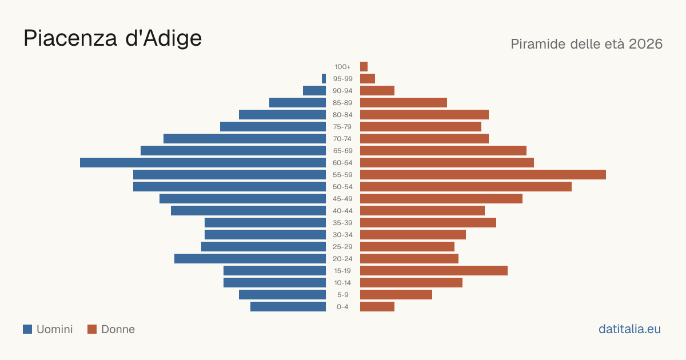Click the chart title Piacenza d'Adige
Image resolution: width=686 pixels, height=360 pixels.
click(113, 38)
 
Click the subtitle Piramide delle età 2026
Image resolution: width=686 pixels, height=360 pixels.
click(587, 44)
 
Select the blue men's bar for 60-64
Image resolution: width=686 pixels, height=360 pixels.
click(203, 162)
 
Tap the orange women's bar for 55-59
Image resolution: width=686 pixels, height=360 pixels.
click(483, 174)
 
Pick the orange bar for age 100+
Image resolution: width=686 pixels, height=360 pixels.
click(364, 66)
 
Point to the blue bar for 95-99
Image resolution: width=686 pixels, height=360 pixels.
click(324, 78)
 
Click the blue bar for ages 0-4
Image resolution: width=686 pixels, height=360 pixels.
click(288, 306)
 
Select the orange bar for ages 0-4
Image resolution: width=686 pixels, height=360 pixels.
click(377, 306)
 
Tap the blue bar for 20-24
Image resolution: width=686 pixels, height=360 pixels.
click(250, 259)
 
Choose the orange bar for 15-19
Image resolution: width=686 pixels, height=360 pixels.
click(434, 271)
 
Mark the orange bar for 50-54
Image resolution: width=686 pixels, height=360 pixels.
click(466, 186)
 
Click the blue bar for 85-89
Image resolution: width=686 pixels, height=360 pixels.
click(297, 102)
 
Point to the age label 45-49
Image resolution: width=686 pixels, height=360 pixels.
click(342, 199)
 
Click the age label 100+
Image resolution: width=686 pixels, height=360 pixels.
click(342, 67)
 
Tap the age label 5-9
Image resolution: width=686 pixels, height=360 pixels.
click(342, 295)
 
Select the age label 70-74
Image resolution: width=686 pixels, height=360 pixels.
click(342, 139)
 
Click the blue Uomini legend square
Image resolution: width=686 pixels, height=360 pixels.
click(27, 329)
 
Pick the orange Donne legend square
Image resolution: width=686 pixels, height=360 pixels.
click(92, 329)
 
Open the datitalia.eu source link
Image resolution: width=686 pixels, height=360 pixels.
click(629, 329)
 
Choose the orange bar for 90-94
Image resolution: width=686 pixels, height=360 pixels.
click(377, 91)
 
